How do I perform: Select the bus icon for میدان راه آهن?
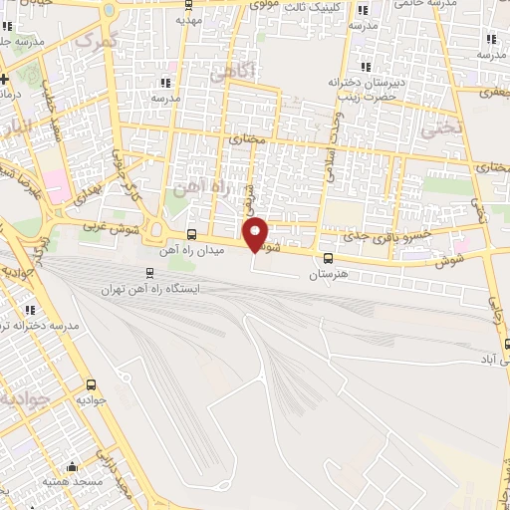pos(191,235)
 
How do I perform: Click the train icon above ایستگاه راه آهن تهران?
pos(150,273)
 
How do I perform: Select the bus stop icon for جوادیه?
pos(92,384)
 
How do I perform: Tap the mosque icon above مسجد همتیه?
pos(71,466)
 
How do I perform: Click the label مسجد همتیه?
pos(70,482)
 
